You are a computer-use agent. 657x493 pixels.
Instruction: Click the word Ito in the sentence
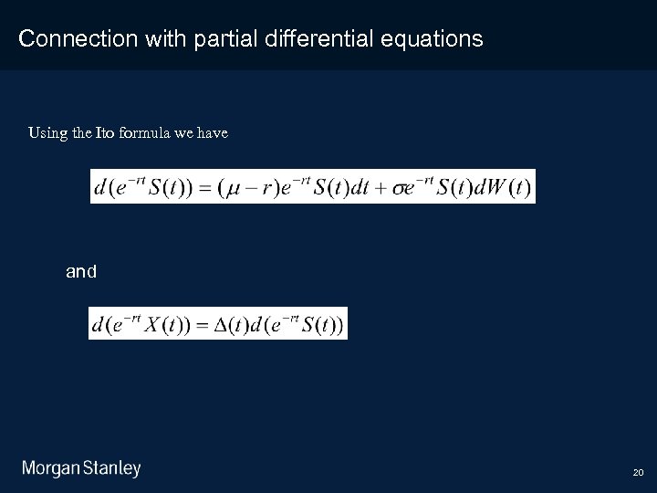[107, 133]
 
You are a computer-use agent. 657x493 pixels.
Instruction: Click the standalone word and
[81, 271]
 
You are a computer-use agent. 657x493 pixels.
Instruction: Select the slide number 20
[638, 473]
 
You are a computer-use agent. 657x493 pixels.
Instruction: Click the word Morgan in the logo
[51, 469]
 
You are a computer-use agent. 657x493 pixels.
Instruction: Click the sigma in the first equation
[399, 188]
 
